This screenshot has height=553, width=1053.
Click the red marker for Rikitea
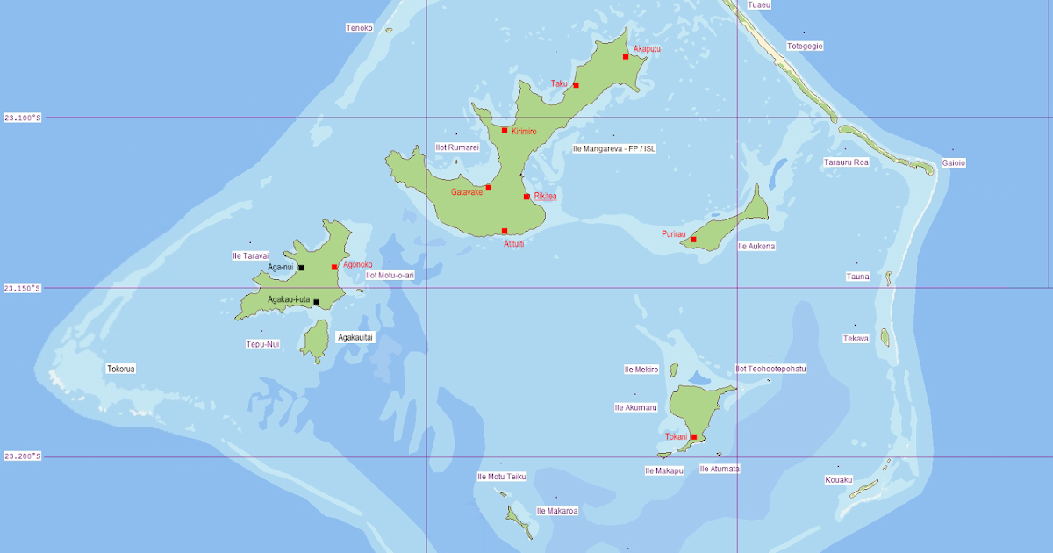(x=526, y=197)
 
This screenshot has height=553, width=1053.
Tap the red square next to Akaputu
(x=626, y=57)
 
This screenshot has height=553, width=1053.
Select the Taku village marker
(x=576, y=85)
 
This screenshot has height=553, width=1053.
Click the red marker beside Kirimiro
(x=505, y=131)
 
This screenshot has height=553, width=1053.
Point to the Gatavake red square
(x=488, y=188)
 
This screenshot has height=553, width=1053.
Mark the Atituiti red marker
(x=505, y=231)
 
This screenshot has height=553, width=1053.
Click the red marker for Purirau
(x=693, y=240)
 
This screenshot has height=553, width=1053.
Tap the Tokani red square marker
(x=693, y=437)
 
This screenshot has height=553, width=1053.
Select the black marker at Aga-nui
(x=301, y=268)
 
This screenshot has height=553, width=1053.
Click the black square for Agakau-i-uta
(x=316, y=303)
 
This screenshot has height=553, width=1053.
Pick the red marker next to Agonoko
(x=334, y=267)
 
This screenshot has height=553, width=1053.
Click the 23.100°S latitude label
(x=23, y=118)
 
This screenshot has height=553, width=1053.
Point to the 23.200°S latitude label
(x=23, y=456)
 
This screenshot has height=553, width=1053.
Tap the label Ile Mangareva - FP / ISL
(x=613, y=148)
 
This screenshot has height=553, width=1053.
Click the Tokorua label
(x=121, y=369)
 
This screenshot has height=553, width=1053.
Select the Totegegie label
(x=805, y=46)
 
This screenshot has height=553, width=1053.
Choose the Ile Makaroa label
(x=556, y=510)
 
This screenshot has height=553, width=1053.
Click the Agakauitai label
(x=355, y=337)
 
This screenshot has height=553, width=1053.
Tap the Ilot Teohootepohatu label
(x=770, y=369)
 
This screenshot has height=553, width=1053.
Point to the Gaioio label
(x=953, y=162)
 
